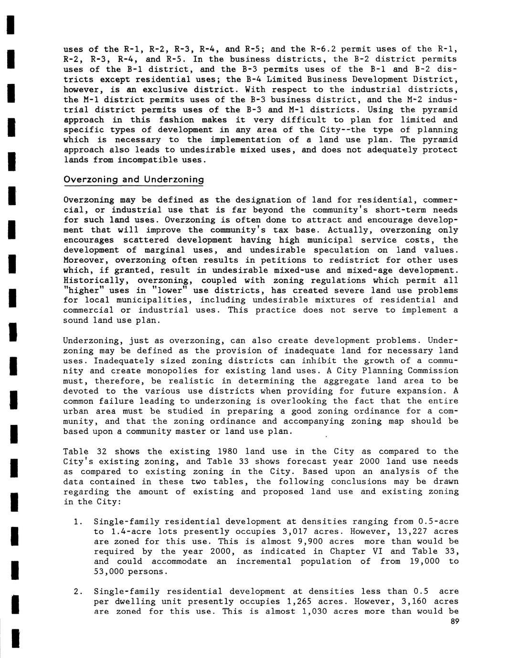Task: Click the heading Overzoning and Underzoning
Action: [134, 180]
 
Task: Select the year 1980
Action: [227, 452]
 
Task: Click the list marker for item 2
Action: [77, 592]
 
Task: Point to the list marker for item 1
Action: [77, 522]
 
